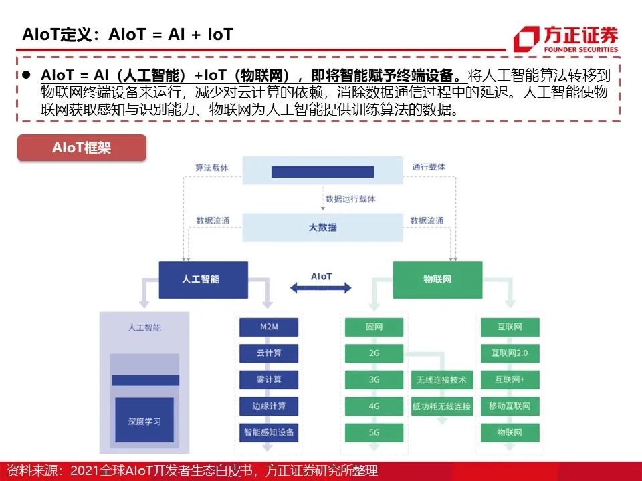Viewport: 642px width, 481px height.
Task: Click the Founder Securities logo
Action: click(x=565, y=38)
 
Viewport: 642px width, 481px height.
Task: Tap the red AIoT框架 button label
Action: click(x=82, y=148)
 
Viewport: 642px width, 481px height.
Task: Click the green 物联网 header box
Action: click(x=437, y=279)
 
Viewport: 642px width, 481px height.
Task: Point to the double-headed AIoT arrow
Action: click(x=321, y=287)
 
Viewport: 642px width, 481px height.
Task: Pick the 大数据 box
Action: click(x=322, y=228)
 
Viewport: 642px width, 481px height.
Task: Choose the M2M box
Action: click(x=268, y=327)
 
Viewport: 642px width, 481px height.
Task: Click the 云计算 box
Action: click(x=268, y=353)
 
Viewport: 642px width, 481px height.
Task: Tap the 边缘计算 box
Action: click(x=268, y=406)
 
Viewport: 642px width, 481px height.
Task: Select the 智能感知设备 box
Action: click(x=268, y=432)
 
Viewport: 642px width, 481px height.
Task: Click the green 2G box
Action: click(x=374, y=353)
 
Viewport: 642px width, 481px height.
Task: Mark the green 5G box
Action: click(x=374, y=432)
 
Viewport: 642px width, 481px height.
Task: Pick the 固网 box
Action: click(x=374, y=327)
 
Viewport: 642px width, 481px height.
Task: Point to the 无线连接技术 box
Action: click(x=441, y=380)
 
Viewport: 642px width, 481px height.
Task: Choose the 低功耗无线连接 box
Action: click(x=441, y=406)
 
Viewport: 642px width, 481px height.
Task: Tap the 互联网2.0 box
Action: click(x=510, y=353)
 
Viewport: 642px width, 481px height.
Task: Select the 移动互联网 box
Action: click(x=510, y=406)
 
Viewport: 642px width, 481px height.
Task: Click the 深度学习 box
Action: click(x=144, y=422)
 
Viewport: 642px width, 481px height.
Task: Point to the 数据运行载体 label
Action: click(x=350, y=199)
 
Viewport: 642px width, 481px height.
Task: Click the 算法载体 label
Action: click(x=211, y=168)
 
